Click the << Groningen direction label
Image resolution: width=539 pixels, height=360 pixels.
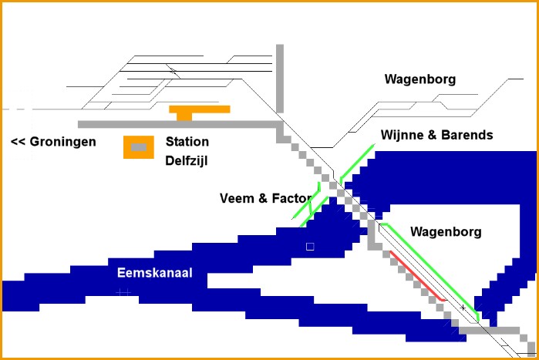53,142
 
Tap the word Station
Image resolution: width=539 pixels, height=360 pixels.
187,142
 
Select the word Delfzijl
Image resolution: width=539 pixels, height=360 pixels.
187,161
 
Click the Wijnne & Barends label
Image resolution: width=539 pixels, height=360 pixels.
436,135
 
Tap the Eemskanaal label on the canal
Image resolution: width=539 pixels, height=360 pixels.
154,273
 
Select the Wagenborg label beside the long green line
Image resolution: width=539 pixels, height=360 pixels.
446,231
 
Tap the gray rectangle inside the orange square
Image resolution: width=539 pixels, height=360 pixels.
138,147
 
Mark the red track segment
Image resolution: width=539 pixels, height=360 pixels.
416,275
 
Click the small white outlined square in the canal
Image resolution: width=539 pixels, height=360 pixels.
310,246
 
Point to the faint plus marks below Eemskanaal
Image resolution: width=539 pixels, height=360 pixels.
123,292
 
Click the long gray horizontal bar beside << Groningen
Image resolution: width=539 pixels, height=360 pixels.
177,124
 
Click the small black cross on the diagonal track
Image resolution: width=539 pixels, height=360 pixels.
463,308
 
